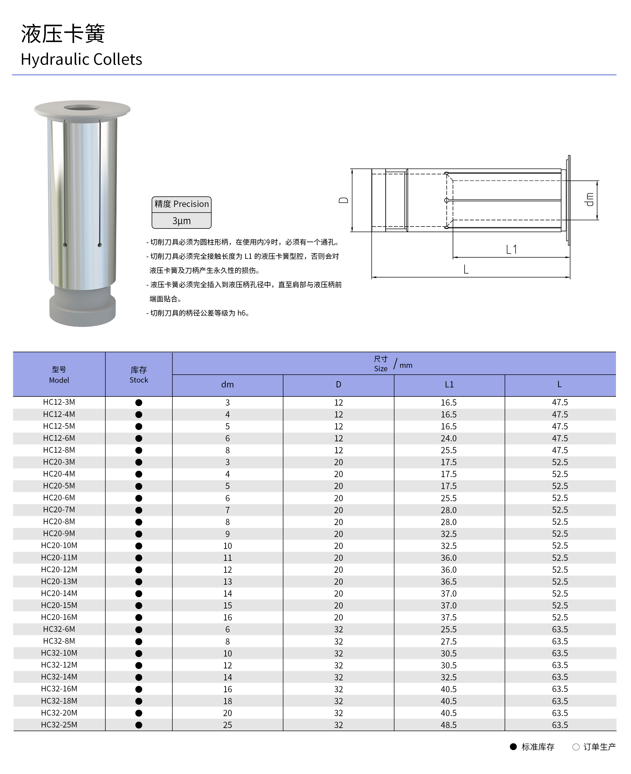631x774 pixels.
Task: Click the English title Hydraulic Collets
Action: point(82,59)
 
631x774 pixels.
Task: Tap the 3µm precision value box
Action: point(181,221)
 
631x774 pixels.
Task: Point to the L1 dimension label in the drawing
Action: point(511,249)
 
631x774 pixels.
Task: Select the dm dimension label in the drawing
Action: point(589,200)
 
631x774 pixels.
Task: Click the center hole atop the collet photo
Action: point(82,108)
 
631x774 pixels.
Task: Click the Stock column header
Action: point(139,374)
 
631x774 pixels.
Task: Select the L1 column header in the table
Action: point(449,385)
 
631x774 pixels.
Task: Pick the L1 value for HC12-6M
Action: point(449,439)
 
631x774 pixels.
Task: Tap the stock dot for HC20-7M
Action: point(139,510)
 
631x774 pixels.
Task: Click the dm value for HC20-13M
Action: point(227,582)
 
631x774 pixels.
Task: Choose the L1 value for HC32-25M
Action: point(449,725)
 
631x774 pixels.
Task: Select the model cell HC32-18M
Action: point(59,701)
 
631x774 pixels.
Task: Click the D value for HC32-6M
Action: point(339,630)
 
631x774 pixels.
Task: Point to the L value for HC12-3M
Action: point(560,402)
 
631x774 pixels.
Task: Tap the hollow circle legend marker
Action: point(576,747)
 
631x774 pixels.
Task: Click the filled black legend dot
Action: point(513,747)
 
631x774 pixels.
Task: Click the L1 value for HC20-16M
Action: point(449,617)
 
